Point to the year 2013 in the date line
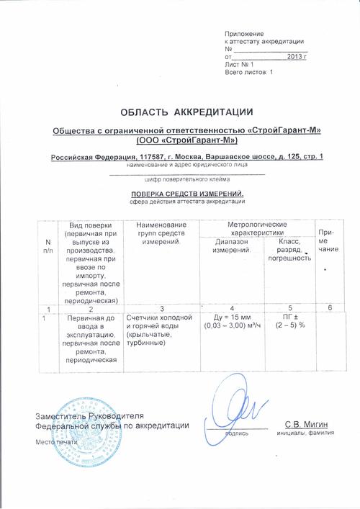pyautogui.click(x=295, y=55)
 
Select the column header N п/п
pyautogui.click(x=48, y=246)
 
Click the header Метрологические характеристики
pyautogui.click(x=257, y=230)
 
